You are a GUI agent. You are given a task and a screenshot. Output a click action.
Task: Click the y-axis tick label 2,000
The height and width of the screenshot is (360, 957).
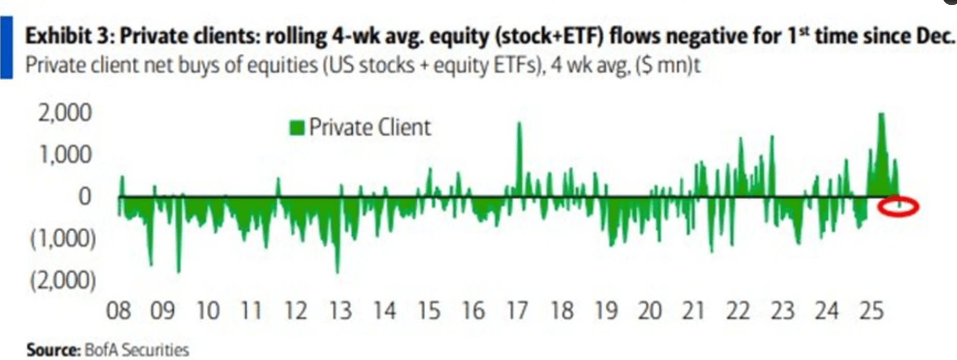click(x=65, y=113)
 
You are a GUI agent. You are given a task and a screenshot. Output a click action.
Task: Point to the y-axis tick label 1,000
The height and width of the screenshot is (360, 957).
click(x=65, y=155)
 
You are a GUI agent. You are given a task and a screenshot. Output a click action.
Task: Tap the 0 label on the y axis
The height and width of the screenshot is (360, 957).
click(x=84, y=197)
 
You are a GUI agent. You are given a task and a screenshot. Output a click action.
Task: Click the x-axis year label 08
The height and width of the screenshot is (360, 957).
click(x=118, y=311)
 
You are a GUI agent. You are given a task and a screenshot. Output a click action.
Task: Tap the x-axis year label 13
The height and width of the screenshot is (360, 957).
click(x=340, y=311)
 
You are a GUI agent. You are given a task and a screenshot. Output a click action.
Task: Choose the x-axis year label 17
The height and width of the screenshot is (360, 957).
click(x=517, y=311)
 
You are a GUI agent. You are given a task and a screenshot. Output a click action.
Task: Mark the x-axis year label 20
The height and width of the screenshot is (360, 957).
click(x=650, y=311)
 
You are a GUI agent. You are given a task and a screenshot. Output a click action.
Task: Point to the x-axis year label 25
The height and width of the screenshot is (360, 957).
click(x=871, y=311)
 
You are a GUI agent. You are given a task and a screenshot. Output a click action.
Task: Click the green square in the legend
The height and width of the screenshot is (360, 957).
click(x=297, y=128)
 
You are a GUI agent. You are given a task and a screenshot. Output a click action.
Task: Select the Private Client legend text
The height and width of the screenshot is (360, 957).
click(x=369, y=128)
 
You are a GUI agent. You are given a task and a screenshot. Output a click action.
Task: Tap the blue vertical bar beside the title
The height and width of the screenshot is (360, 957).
click(x=6, y=48)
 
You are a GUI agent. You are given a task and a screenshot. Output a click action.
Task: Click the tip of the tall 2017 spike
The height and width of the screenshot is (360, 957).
click(x=519, y=123)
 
